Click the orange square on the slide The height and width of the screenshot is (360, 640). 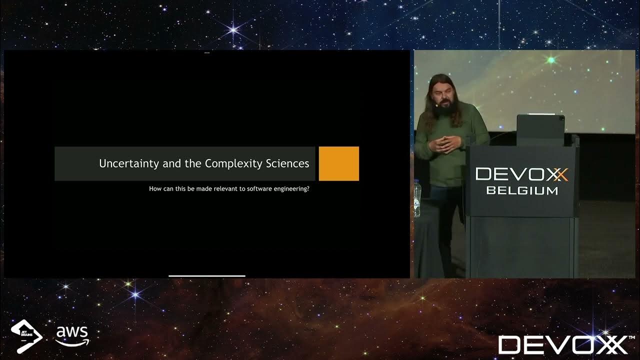point(338,163)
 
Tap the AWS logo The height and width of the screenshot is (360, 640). point(72,335)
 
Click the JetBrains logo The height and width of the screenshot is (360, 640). point(26,336)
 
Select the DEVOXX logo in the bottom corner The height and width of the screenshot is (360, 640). point(562,344)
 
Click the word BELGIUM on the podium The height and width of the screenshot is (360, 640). point(522,190)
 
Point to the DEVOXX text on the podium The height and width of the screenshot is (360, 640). point(521,174)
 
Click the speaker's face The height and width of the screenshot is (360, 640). point(440,97)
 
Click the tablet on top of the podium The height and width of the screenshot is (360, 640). point(540,129)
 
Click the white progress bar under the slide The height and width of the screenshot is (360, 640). point(207,275)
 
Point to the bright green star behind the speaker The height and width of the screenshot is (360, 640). point(551,60)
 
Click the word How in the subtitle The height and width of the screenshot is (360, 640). point(155,189)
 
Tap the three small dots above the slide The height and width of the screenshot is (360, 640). point(207,52)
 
